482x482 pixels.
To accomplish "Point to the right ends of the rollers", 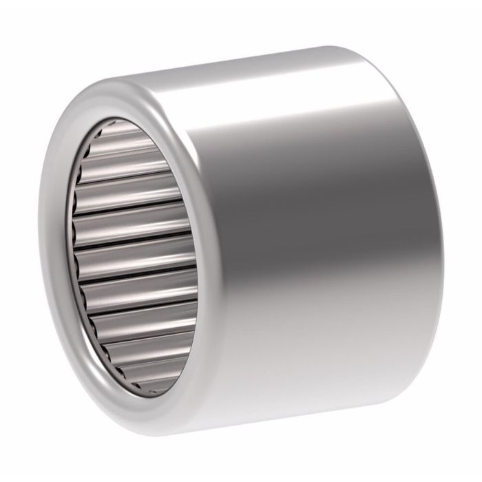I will (x=195, y=262).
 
